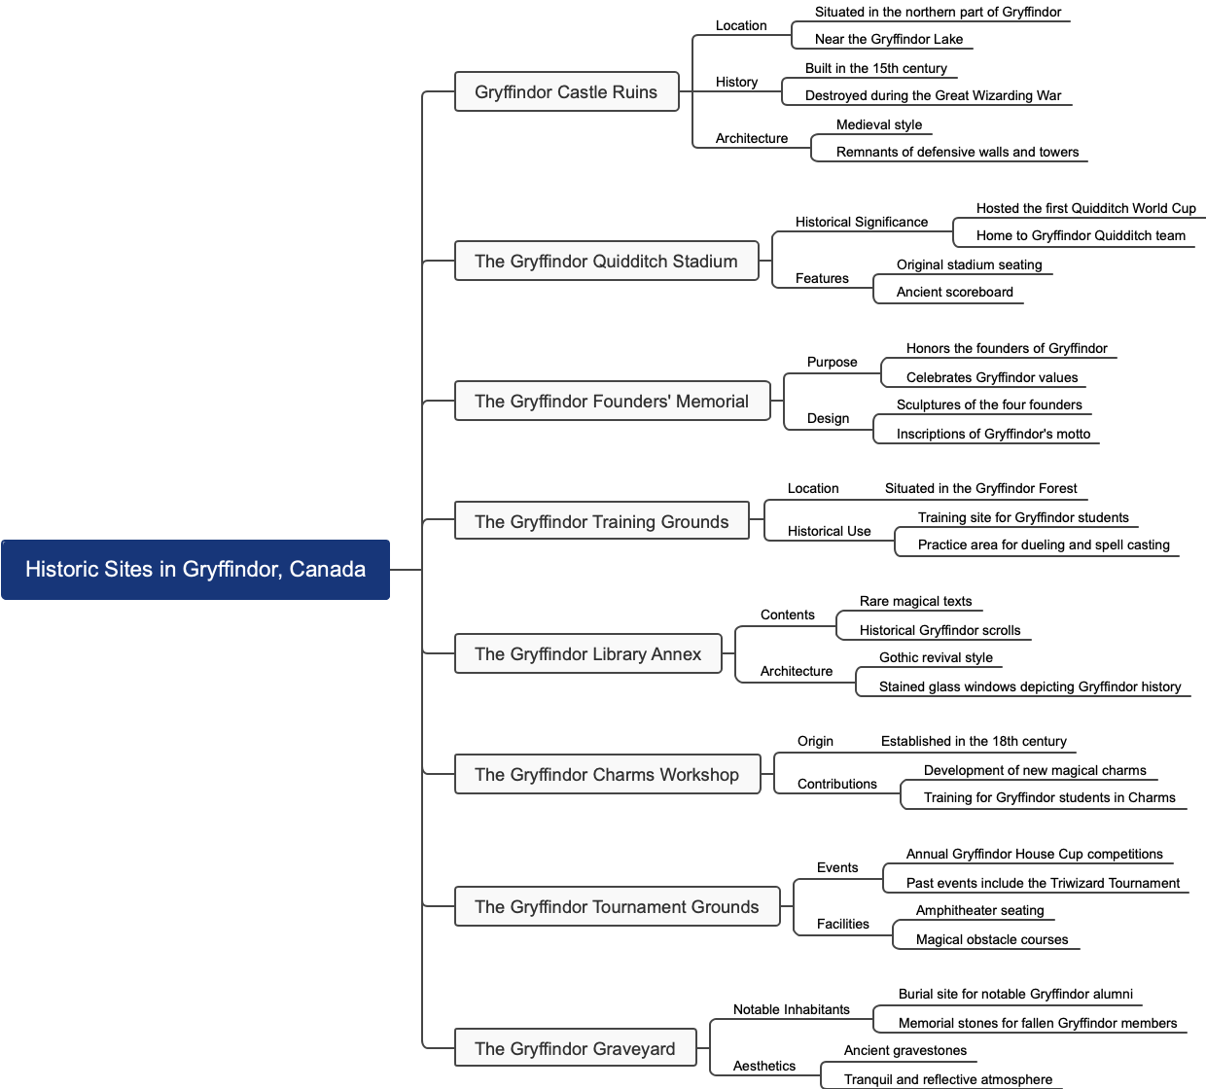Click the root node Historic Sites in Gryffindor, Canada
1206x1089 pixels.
pyautogui.click(x=195, y=570)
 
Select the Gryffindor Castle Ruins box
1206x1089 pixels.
pyautogui.click(x=566, y=92)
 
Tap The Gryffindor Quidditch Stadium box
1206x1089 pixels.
pyautogui.click(x=606, y=262)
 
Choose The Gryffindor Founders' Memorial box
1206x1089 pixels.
pyautogui.click(x=612, y=402)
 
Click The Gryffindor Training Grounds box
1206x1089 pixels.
pyautogui.click(x=601, y=522)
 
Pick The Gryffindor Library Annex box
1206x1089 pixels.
pyautogui.click(x=587, y=654)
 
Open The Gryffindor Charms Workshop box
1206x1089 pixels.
pyautogui.click(x=607, y=775)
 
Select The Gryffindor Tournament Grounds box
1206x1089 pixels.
pyautogui.click(x=617, y=907)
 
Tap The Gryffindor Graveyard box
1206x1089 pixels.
pyautogui.click(x=575, y=1049)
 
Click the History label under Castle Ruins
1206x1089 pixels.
pyautogui.click(x=736, y=83)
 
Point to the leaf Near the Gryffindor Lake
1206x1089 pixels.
pyautogui.click(x=889, y=40)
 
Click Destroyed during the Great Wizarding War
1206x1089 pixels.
pyautogui.click(x=933, y=96)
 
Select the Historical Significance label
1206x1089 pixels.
pyautogui.click(x=862, y=223)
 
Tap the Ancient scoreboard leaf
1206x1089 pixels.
pyautogui.click(x=954, y=293)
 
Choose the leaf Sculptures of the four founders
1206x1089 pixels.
pyautogui.click(x=989, y=405)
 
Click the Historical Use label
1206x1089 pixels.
pyautogui.click(x=829, y=532)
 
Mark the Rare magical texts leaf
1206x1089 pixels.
pyautogui.click(x=915, y=602)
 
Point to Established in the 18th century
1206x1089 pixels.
pyautogui.click(x=974, y=742)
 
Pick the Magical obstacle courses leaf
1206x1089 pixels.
pyautogui.click(x=992, y=940)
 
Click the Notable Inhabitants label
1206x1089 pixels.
pyautogui.click(x=791, y=1010)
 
